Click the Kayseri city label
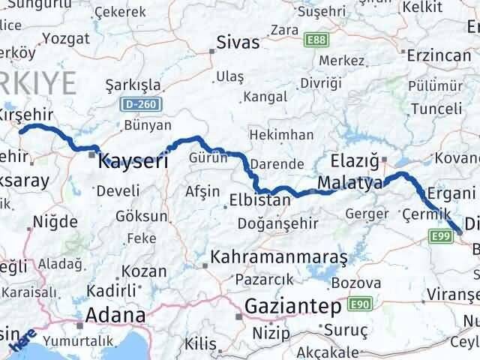[132, 160]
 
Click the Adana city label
[115, 314]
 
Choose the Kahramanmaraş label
[279, 258]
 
